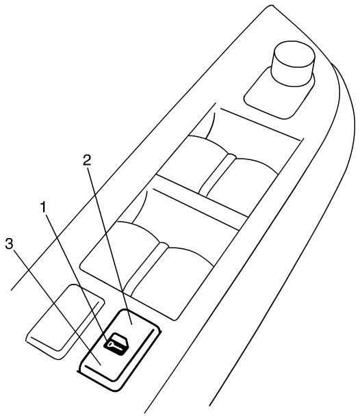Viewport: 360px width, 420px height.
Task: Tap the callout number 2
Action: click(x=87, y=160)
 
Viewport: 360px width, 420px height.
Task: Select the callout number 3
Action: click(x=9, y=244)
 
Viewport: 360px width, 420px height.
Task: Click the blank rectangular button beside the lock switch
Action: click(x=65, y=321)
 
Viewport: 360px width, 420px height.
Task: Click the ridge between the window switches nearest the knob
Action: click(x=217, y=174)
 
